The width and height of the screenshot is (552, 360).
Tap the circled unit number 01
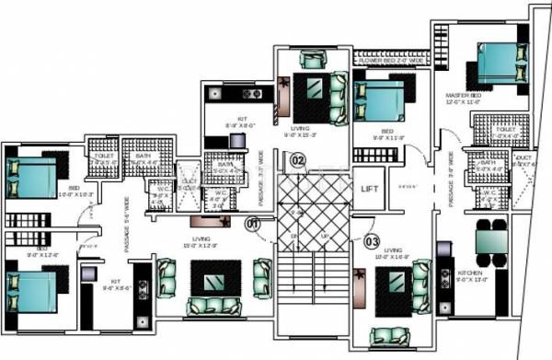253,222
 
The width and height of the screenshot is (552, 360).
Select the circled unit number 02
296,159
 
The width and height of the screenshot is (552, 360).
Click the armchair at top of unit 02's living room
313,63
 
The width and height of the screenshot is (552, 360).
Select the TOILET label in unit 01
103,157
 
